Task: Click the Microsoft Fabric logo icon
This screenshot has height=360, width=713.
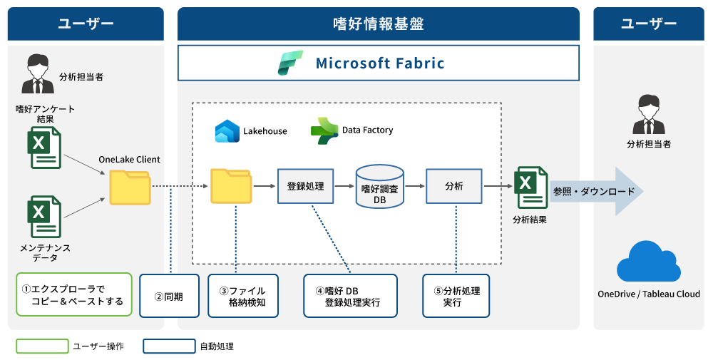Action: (x=290, y=63)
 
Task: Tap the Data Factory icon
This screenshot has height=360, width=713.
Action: (x=324, y=130)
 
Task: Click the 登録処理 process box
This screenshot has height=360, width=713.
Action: (x=305, y=186)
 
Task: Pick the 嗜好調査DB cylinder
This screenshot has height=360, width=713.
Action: (x=379, y=187)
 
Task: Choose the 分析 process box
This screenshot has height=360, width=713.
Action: (x=453, y=186)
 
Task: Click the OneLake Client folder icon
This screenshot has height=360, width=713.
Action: (x=130, y=187)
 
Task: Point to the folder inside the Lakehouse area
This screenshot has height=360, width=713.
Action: (x=230, y=186)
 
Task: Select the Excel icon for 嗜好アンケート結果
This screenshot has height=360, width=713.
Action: (x=44, y=148)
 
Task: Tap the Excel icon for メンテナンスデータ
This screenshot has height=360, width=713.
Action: (x=44, y=217)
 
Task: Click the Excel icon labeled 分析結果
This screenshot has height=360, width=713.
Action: (x=531, y=187)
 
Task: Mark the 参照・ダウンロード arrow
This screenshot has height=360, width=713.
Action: (x=596, y=191)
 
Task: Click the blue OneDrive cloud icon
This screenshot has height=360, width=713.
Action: (x=648, y=261)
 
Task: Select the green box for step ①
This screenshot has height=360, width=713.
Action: (x=74, y=294)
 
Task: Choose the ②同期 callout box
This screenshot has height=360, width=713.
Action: (x=169, y=296)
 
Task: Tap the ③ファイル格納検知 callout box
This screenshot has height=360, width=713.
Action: (x=242, y=296)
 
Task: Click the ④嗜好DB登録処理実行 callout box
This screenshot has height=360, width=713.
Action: (x=347, y=296)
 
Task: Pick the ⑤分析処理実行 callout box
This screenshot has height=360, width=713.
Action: (x=456, y=296)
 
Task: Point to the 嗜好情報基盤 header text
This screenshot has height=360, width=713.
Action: (x=378, y=24)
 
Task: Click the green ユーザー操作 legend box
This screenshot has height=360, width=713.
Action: (x=42, y=346)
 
